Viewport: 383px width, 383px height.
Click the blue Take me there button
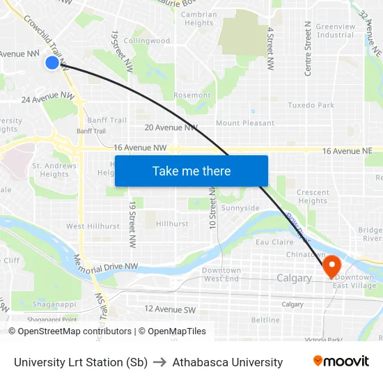pyautogui.click(x=191, y=171)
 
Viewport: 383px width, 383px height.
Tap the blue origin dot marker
pyautogui.click(x=52, y=63)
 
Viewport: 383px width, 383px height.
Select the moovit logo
pyautogui.click(x=341, y=361)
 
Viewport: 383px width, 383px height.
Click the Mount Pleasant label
pyautogui.click(x=245, y=123)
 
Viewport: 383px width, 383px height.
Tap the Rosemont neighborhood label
pyautogui.click(x=192, y=95)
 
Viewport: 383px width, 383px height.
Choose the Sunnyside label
pyautogui.click(x=240, y=208)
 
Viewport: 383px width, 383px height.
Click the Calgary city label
pyautogui.click(x=294, y=278)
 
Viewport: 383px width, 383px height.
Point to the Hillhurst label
pyautogui.click(x=172, y=224)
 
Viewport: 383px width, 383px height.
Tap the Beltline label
pyautogui.click(x=265, y=320)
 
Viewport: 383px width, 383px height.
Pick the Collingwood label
pyautogui.click(x=150, y=41)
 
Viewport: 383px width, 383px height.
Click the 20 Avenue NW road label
pyautogui.click(x=171, y=127)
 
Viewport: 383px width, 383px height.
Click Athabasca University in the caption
pyautogui.click(x=228, y=362)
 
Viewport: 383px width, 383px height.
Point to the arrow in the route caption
pyautogui.click(x=160, y=362)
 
